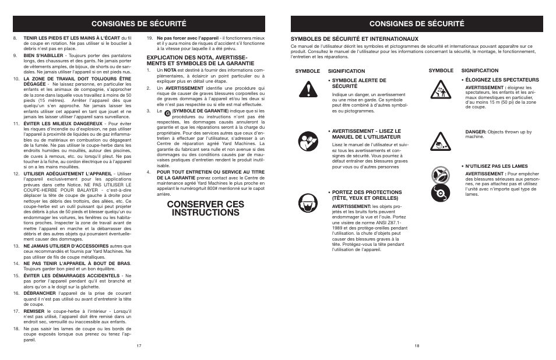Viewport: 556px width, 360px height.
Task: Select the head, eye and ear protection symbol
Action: tap(307, 203)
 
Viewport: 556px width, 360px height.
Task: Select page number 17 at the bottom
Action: tap(139, 345)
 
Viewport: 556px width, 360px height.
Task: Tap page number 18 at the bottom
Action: tap(417, 345)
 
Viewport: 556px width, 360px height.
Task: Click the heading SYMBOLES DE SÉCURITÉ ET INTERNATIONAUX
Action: tap(354, 39)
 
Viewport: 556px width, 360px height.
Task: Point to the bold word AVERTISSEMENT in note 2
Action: tap(182, 88)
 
